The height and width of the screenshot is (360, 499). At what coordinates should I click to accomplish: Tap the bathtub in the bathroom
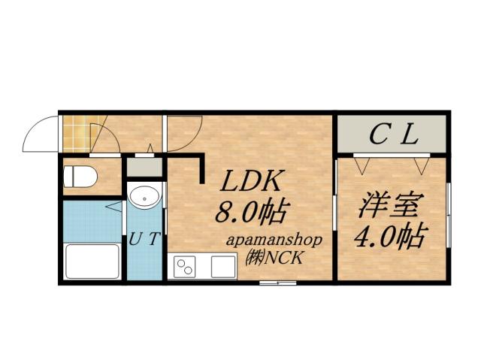coord(92,261)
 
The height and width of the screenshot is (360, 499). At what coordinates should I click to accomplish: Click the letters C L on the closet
coord(393,135)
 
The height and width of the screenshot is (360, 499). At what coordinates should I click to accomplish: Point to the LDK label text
coord(250,183)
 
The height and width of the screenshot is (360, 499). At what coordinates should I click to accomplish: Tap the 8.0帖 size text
coord(250,213)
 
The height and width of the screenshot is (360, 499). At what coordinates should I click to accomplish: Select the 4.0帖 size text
coord(389,237)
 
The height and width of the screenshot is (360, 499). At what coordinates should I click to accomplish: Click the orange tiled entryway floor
coord(75,132)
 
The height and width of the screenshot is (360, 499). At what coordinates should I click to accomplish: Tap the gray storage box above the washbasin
coord(143,168)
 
